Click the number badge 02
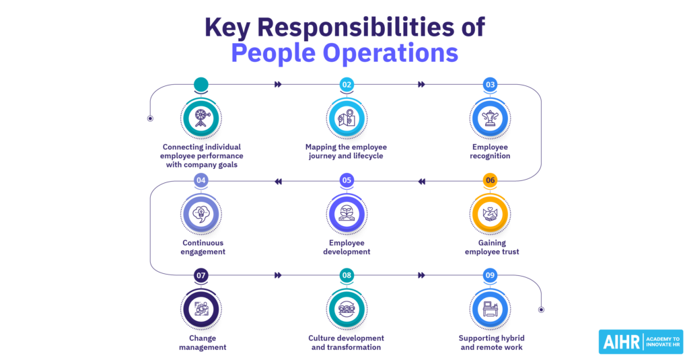(x=347, y=84)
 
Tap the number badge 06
(x=490, y=180)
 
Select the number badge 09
(x=490, y=276)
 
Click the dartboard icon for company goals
(x=201, y=118)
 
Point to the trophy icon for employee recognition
(x=490, y=118)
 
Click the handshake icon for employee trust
(x=490, y=214)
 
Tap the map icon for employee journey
(x=347, y=118)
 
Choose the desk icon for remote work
(x=490, y=309)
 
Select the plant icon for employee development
(x=347, y=213)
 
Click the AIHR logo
(x=641, y=342)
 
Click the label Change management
(x=203, y=343)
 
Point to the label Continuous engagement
(x=203, y=247)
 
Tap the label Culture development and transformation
(x=347, y=343)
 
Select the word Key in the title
(x=227, y=28)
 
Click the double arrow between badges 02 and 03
(x=421, y=84)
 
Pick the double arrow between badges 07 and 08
(x=278, y=275)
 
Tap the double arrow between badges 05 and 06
(x=421, y=182)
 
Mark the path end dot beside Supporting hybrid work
(x=542, y=310)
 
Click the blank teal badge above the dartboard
(x=201, y=84)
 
